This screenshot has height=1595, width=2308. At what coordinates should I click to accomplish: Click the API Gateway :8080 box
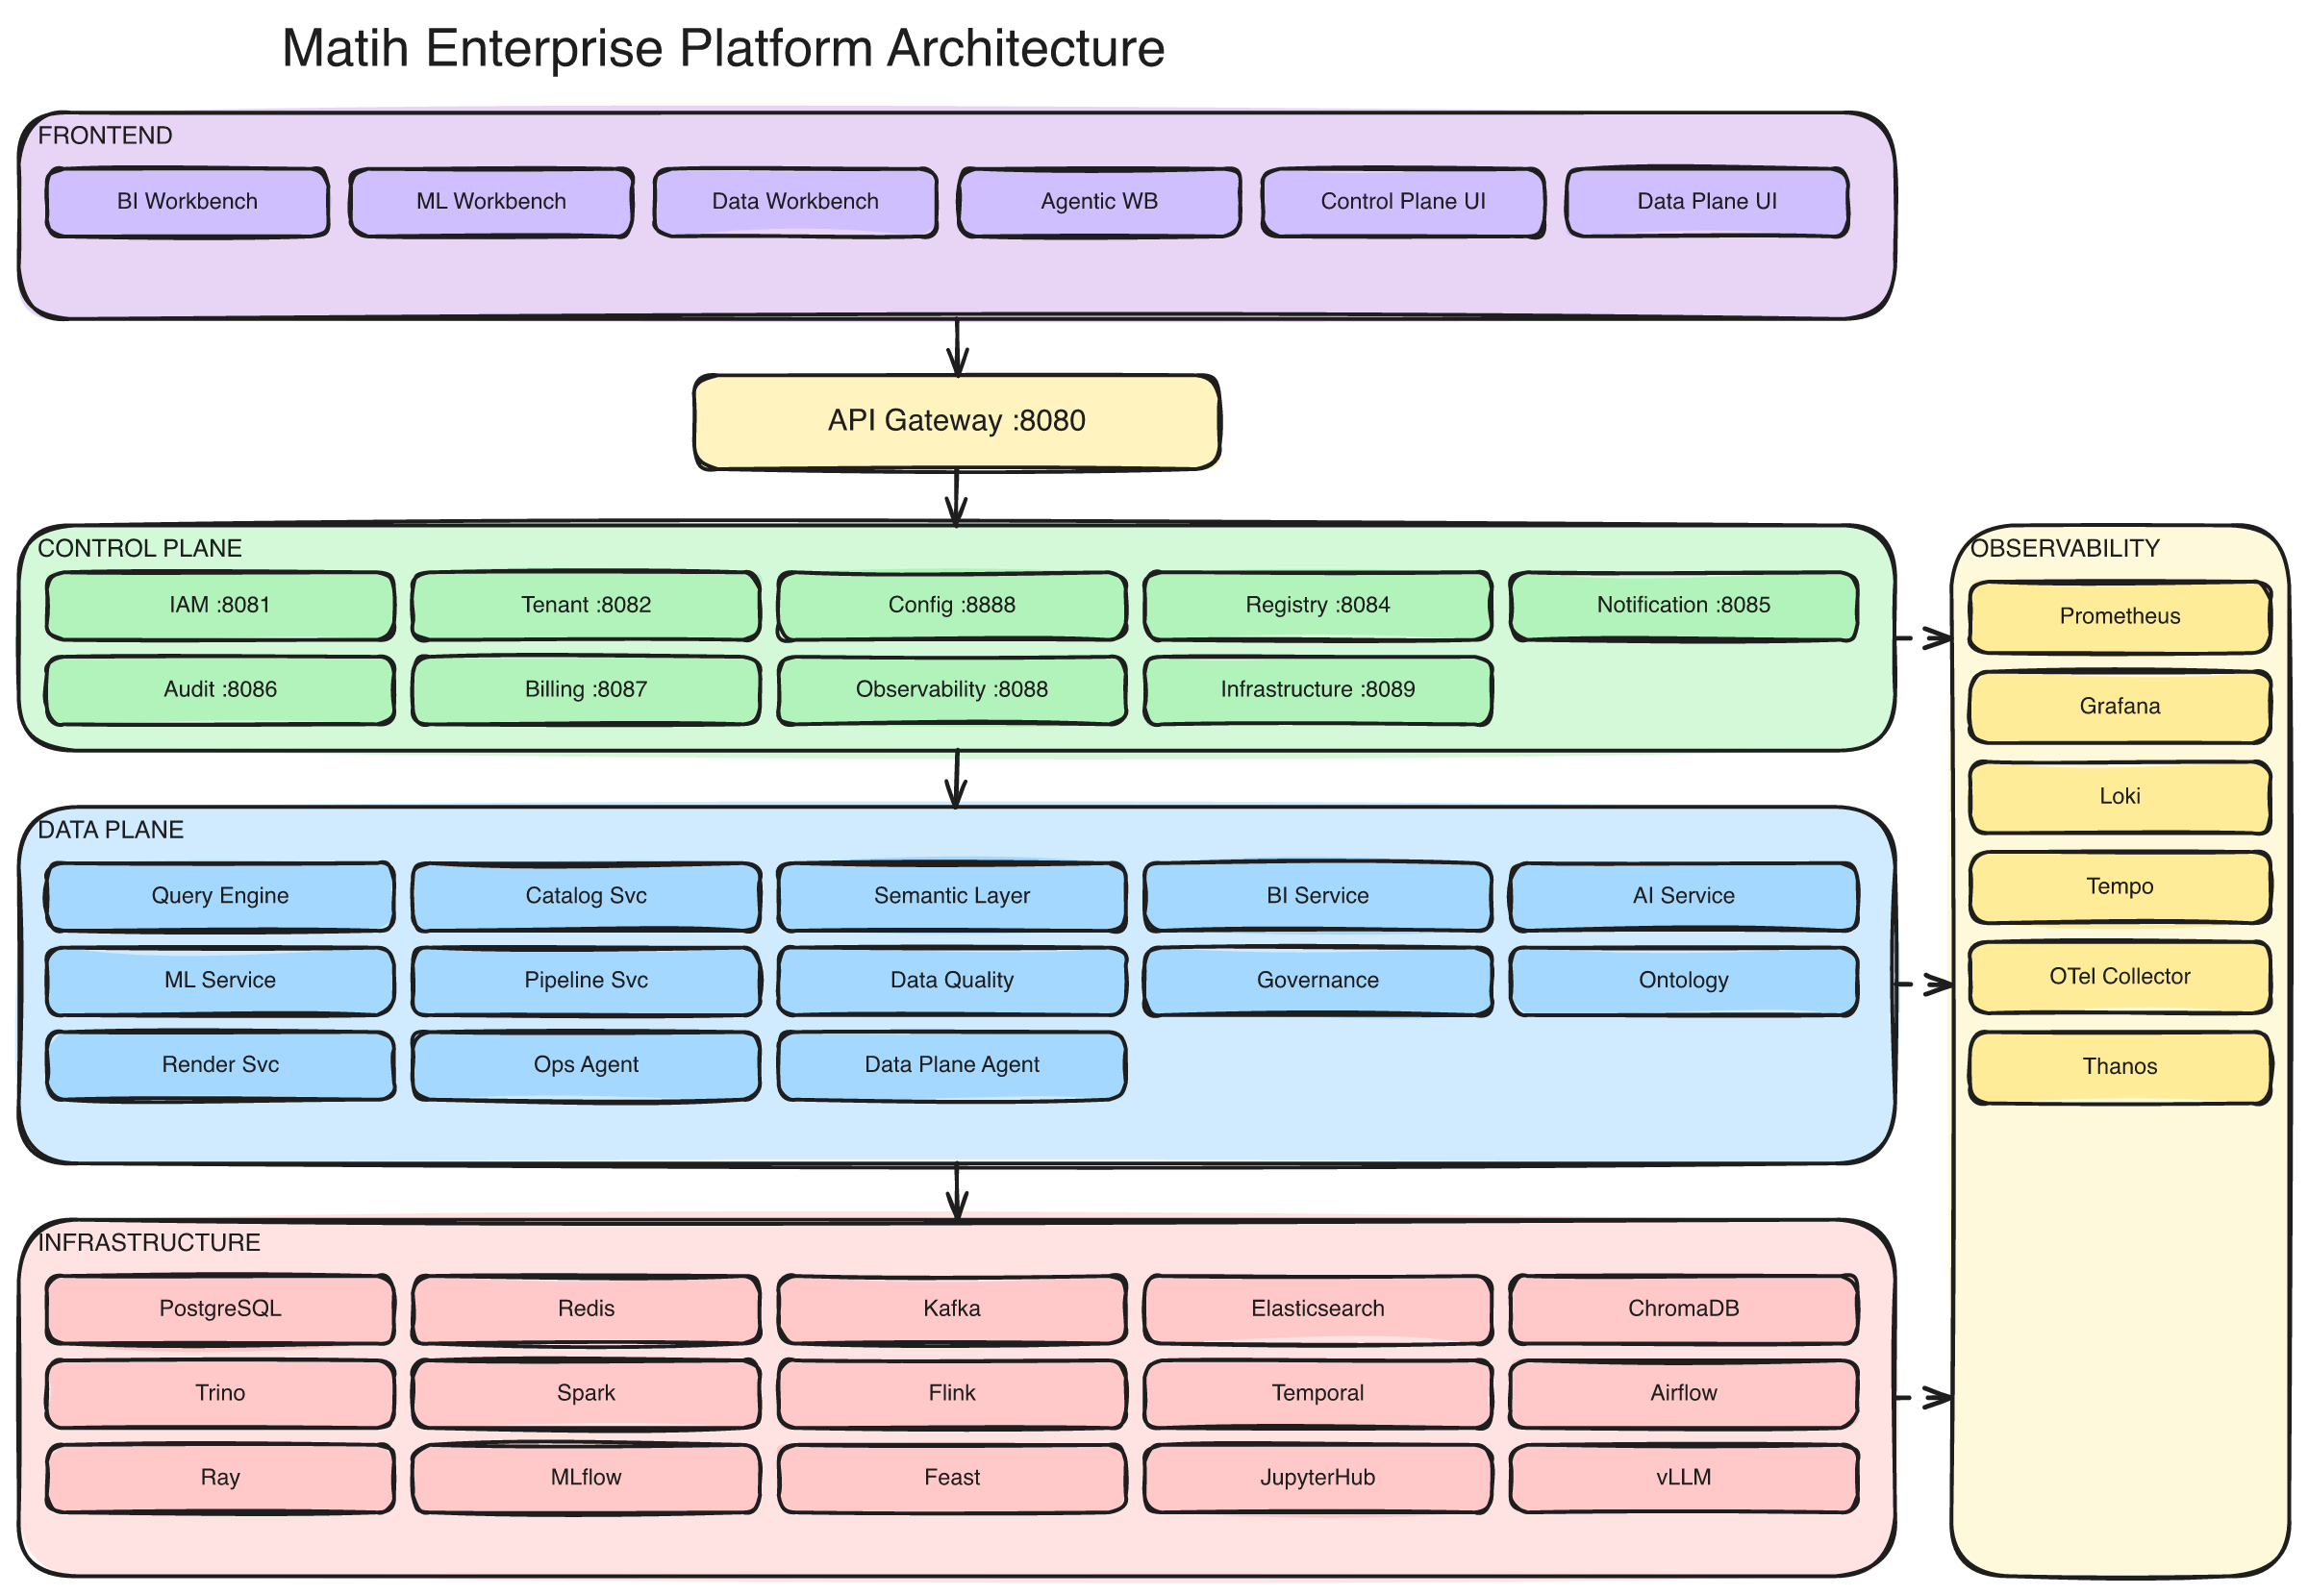click(x=957, y=421)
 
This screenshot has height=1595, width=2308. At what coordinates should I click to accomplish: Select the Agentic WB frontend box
click(x=1098, y=202)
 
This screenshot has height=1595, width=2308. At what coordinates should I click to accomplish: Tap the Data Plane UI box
click(x=1706, y=202)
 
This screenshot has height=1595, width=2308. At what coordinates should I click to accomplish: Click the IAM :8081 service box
click(x=220, y=606)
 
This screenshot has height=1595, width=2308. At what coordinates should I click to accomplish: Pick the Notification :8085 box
click(x=1682, y=606)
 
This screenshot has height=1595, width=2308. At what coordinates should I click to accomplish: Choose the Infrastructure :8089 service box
click(x=1317, y=689)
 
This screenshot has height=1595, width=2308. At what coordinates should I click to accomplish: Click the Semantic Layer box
click(x=952, y=896)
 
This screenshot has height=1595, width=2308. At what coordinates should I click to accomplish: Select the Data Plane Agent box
click(x=952, y=1065)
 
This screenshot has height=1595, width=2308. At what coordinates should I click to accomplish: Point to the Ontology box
click(x=1682, y=981)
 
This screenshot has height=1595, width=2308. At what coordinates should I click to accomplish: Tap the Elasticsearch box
click(x=1317, y=1309)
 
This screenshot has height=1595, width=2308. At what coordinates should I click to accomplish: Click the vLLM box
click(x=1682, y=1478)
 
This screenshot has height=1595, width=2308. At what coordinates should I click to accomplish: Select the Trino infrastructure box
click(x=220, y=1393)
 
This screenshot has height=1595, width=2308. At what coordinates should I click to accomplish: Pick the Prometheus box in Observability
click(x=2120, y=616)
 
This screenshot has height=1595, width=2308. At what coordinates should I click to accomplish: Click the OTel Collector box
click(x=2120, y=978)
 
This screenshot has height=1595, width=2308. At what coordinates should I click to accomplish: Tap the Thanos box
click(x=2120, y=1067)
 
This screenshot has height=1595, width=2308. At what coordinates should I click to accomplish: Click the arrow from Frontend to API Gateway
click(x=958, y=347)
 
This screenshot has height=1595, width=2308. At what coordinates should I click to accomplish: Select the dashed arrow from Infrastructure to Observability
click(x=1922, y=1397)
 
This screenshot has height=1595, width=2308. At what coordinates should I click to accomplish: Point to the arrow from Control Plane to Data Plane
click(x=957, y=779)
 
